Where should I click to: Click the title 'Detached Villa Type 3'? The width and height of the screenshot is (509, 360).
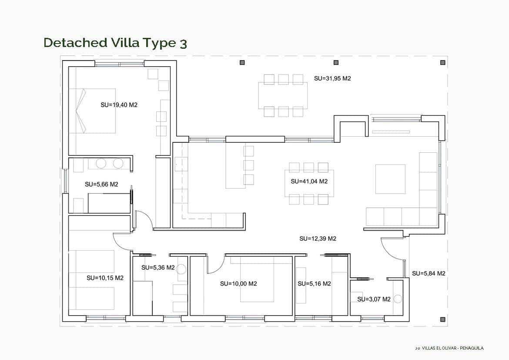pos(115,43)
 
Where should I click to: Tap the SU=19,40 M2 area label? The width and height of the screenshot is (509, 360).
pos(119,104)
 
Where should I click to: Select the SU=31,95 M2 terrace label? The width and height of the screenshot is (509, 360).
pos(332,79)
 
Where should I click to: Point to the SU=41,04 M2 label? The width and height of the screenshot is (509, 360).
pos(309,181)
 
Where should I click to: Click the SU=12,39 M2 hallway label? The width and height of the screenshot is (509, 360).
pos(318,239)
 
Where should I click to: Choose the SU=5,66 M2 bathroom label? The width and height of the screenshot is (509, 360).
pos(101,184)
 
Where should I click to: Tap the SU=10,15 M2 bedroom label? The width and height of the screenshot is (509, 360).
pos(105,278)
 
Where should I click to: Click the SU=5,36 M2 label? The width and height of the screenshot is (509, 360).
pos(158,267)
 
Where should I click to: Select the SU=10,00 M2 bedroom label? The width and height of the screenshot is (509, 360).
pos(238,283)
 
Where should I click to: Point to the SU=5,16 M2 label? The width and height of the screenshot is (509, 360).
pos(314,283)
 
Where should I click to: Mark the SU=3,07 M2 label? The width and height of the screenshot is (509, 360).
pos(374,299)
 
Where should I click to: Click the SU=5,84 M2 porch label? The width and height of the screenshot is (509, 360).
pos(429,273)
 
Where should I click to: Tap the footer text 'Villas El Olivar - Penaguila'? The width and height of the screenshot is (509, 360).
pos(449,348)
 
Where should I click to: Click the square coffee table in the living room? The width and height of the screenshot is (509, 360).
pos(390,179)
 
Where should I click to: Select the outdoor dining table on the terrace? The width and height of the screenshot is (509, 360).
pos(283,95)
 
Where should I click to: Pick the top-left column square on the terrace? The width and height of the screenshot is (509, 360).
pos(242,63)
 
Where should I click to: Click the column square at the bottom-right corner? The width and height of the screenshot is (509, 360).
pos(442,319)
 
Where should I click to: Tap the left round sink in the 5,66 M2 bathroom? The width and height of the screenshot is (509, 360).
pos(101,164)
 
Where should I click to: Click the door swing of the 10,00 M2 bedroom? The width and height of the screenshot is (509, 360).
pos(214,266)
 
